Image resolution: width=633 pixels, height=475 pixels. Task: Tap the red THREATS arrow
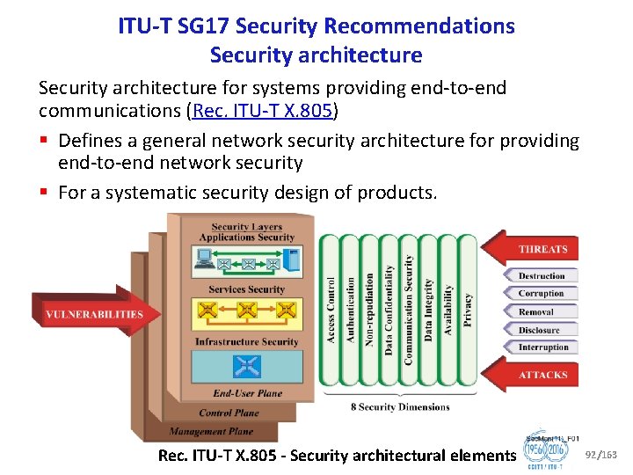coord(537,249)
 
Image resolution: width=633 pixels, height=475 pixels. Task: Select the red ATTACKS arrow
coord(537,375)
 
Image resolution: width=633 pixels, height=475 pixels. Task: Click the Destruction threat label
coord(541,276)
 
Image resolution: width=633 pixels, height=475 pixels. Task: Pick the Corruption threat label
coord(541,294)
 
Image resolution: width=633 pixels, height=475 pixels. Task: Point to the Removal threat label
coord(536,311)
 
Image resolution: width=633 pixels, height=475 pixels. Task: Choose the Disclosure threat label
coord(539,330)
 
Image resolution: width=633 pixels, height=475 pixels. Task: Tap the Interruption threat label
coord(542,347)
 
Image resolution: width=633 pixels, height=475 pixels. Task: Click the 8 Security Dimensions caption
coord(400,407)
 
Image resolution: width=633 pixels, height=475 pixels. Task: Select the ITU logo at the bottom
coord(546,454)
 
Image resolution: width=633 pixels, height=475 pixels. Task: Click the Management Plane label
coord(212,431)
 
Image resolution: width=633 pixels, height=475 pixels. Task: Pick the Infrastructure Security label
coord(246,341)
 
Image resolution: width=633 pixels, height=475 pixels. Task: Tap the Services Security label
coord(246,289)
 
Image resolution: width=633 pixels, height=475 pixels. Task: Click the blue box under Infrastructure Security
coord(246,366)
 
